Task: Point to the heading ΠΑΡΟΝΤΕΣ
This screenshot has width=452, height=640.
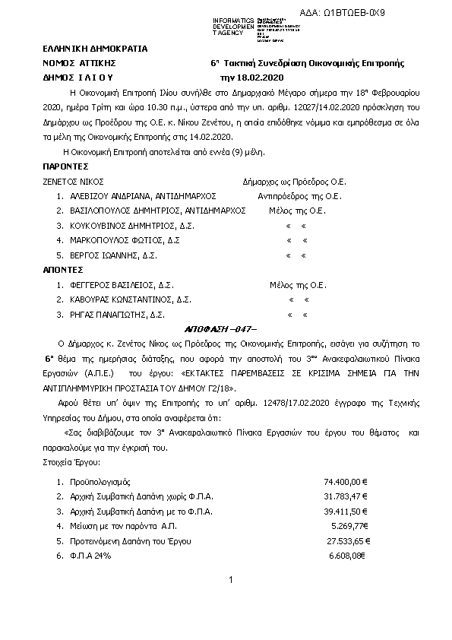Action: (x=67, y=166)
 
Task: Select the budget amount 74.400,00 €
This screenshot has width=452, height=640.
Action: (x=346, y=482)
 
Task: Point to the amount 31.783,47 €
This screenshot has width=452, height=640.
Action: (x=346, y=496)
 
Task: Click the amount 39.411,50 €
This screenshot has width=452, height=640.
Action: (x=346, y=511)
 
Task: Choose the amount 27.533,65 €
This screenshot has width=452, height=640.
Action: (x=348, y=540)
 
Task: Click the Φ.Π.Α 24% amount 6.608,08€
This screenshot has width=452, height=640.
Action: (x=348, y=556)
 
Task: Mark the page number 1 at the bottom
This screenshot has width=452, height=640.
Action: (x=230, y=581)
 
